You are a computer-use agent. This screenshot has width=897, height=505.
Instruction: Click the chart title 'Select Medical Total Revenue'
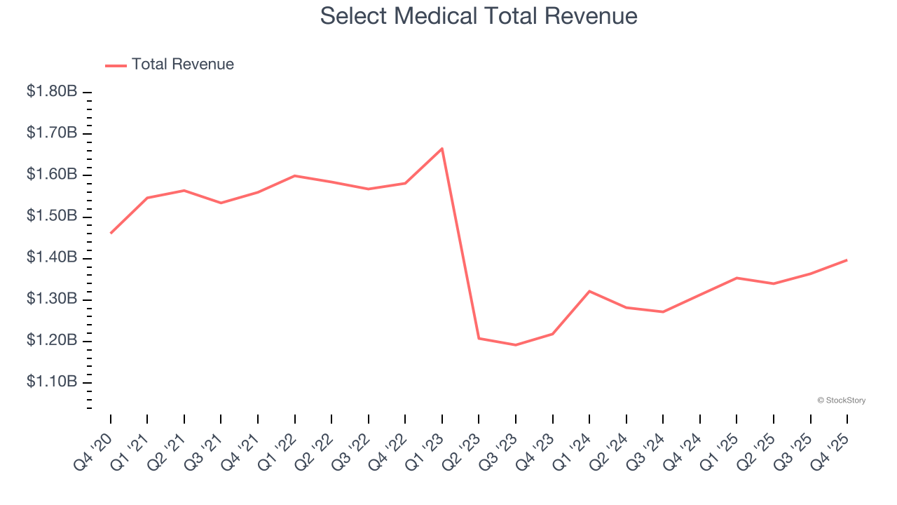pyautogui.click(x=479, y=15)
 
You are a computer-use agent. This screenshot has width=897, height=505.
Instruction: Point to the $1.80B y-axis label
pyautogui.click(x=52, y=92)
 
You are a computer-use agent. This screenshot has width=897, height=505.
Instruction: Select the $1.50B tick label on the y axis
pyautogui.click(x=52, y=216)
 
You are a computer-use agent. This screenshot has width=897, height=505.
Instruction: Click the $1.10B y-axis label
pyautogui.click(x=52, y=382)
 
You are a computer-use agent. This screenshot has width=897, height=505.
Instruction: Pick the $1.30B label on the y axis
pyautogui.click(x=52, y=299)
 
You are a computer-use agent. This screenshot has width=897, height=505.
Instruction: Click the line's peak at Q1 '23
pyautogui.click(x=442, y=148)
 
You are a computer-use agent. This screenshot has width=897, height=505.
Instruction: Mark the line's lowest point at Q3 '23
pyautogui.click(x=516, y=345)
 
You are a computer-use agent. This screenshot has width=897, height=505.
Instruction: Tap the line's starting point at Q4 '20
pyautogui.click(x=111, y=233)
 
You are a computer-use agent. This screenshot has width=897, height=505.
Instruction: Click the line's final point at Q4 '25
pyautogui.click(x=847, y=260)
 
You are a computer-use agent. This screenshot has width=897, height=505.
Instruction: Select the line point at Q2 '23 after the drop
pyautogui.click(x=479, y=339)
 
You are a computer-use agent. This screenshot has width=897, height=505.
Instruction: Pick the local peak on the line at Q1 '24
pyautogui.click(x=589, y=291)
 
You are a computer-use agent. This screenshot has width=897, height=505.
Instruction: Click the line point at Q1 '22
pyautogui.click(x=295, y=175)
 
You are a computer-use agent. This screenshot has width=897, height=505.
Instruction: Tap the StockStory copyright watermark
pyautogui.click(x=841, y=400)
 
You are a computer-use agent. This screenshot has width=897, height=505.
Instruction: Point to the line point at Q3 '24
pyautogui.click(x=663, y=312)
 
